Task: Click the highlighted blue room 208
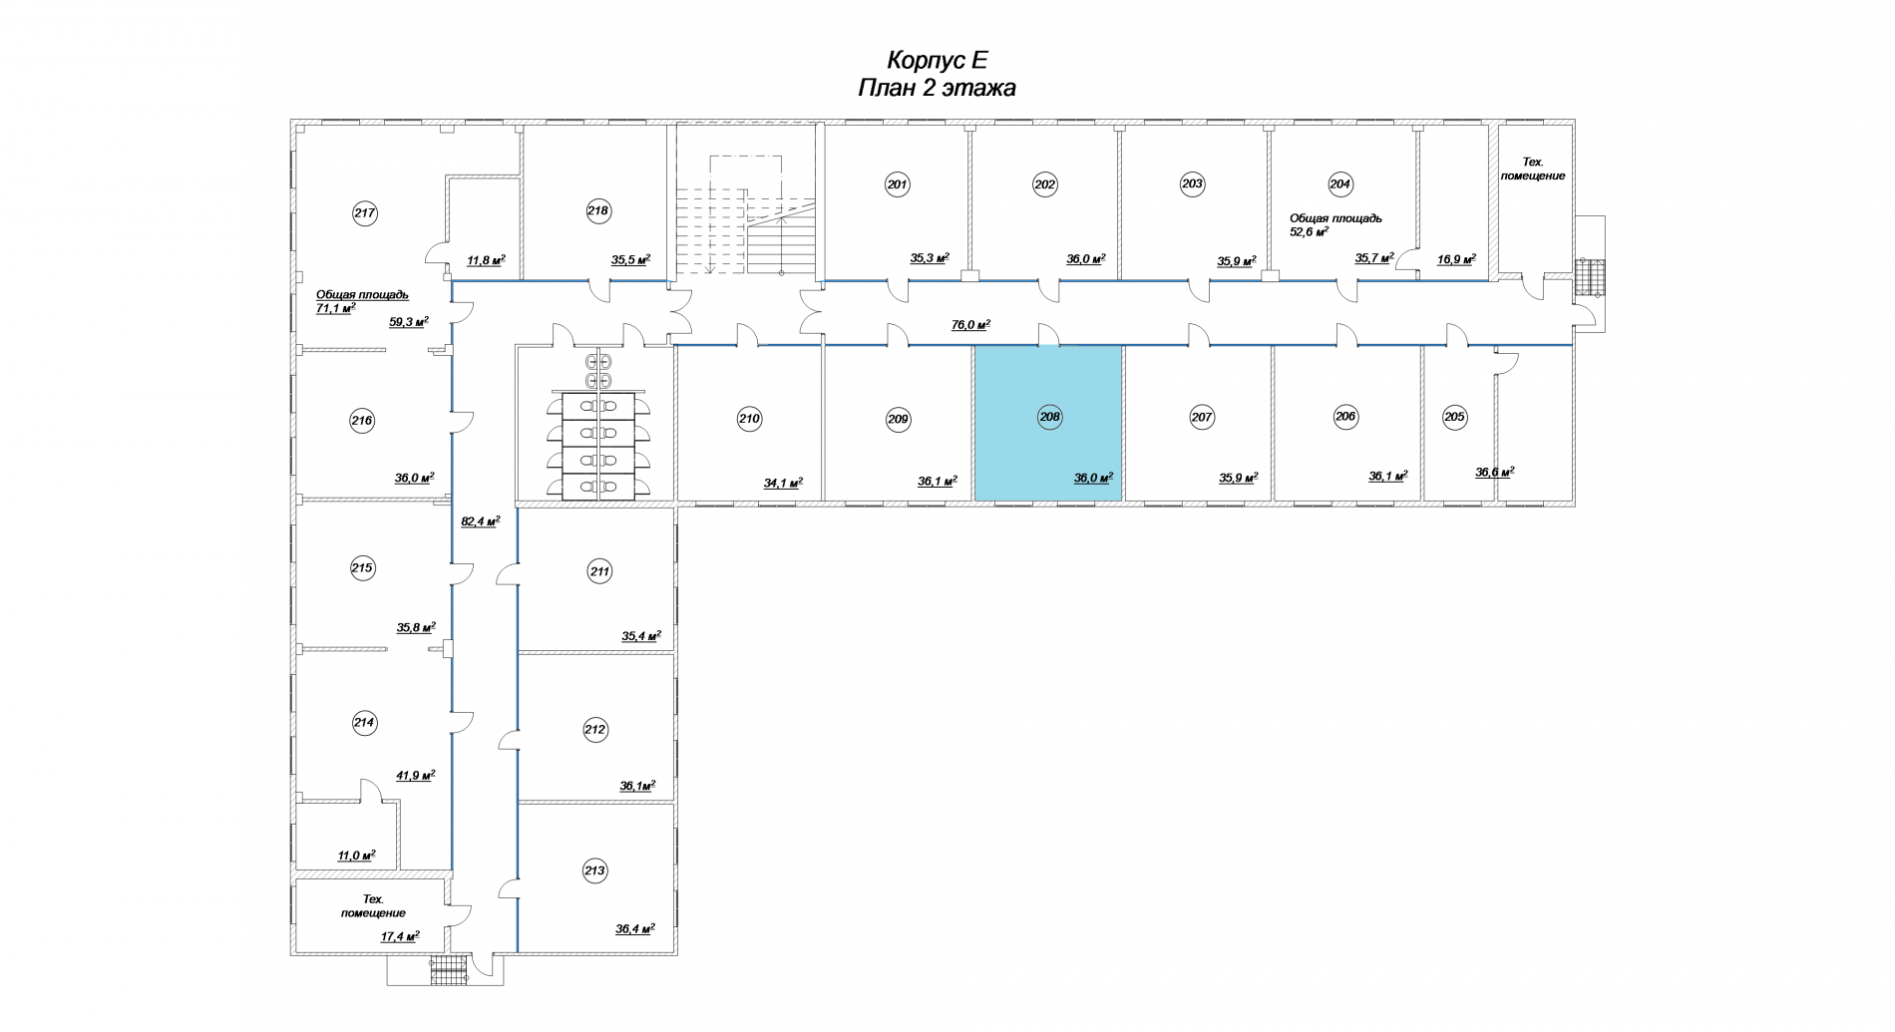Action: point(1048,422)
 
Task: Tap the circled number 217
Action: point(365,212)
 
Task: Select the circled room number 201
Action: point(898,184)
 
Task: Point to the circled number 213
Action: point(594,871)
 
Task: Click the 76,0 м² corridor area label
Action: point(970,325)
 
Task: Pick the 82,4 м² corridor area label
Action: point(480,520)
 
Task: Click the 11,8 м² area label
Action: point(486,261)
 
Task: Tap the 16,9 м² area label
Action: point(1456,258)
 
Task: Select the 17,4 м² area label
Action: point(400,936)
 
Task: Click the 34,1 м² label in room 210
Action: point(783,484)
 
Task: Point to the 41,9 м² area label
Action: point(416,775)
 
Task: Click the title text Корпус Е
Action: point(937,60)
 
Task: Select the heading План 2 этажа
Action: point(937,88)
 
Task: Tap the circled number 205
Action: point(1454,417)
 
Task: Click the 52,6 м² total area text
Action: point(1310,232)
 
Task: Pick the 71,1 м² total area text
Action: point(336,309)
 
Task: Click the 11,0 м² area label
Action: point(356,856)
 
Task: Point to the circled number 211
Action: point(599,572)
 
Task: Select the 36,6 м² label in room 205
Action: point(1494,473)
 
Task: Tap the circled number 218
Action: point(597,210)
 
